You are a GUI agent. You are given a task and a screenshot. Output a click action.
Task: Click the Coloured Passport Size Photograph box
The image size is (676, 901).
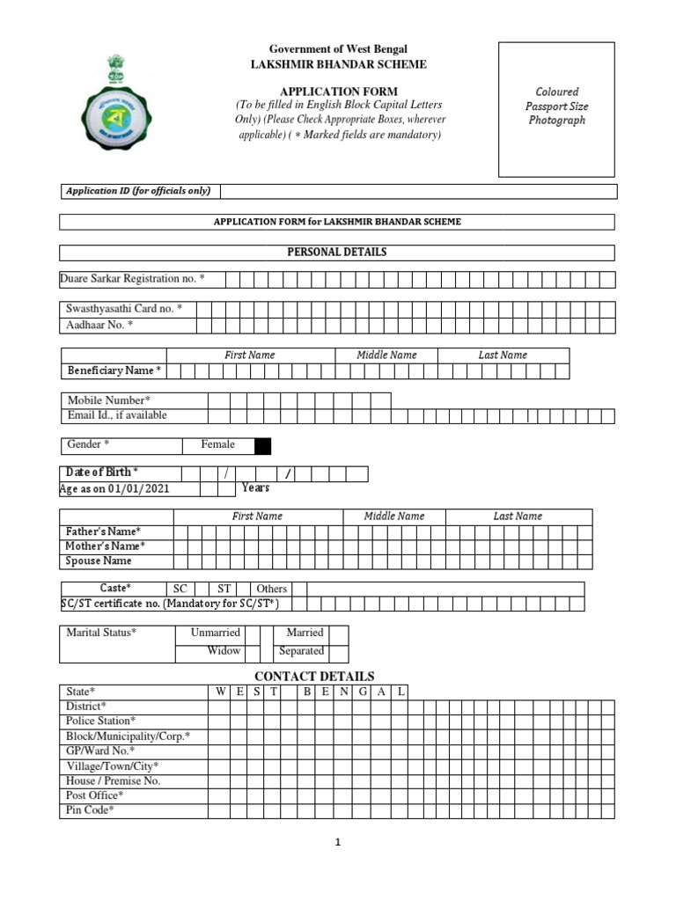pos(556,108)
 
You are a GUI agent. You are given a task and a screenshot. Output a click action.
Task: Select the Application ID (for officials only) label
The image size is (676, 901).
pos(139,191)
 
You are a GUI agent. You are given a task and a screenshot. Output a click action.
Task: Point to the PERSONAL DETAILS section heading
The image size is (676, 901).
pos(337,253)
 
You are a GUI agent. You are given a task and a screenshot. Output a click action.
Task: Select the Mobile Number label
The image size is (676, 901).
pos(109,400)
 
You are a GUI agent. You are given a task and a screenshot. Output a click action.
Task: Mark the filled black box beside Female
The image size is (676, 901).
pos(262,445)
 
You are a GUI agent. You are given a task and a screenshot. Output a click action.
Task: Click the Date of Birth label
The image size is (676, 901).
pos(102,472)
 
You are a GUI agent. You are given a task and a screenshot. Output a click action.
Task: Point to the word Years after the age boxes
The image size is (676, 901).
pos(255,488)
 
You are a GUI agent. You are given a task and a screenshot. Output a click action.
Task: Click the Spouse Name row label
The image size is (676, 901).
pos(99,560)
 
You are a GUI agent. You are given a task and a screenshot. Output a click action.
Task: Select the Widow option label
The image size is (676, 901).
pos(224,651)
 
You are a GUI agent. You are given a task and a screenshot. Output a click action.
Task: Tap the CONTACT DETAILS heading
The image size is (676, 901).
pos(314,676)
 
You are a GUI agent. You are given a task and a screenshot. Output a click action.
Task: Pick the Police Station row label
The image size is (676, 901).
pos(101,721)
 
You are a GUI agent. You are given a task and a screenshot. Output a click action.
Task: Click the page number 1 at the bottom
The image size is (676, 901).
pos(337,842)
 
